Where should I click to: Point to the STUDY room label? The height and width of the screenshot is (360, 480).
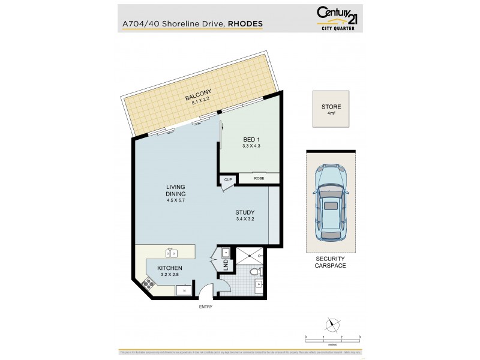[245, 212]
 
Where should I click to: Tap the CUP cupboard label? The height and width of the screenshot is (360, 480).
[228, 179]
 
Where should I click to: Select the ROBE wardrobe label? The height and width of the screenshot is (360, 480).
[259, 179]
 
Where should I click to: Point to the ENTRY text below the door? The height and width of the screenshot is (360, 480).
[206, 307]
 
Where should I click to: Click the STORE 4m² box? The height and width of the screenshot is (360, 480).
[331, 109]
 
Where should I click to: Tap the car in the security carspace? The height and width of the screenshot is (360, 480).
[331, 201]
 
